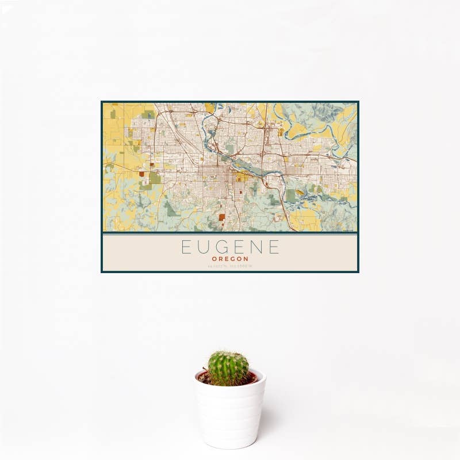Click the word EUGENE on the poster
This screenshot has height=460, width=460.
[230, 247]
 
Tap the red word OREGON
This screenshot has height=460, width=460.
[230, 259]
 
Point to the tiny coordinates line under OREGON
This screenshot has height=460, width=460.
[230, 266]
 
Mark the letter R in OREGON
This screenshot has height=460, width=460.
[221, 259]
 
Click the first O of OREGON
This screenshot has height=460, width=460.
[214, 259]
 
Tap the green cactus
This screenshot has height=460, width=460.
[228, 368]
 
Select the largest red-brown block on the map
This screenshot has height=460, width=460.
[222, 217]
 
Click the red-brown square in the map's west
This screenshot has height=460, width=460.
[141, 174]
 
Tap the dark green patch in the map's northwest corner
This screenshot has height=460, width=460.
[113, 114]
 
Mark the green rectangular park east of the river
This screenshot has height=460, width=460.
[292, 195]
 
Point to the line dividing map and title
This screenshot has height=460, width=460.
[230, 234]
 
